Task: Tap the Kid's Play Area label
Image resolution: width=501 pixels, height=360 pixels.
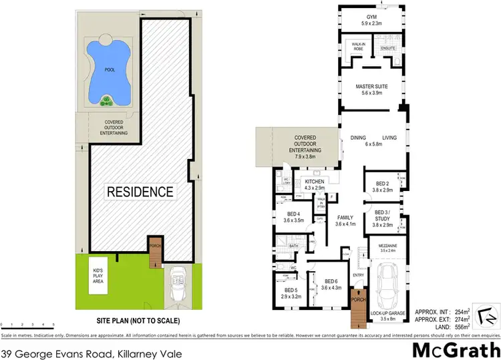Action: coord(102,275)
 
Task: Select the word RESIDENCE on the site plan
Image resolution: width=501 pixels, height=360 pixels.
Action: coord(140,192)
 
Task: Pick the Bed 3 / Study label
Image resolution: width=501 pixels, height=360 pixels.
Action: coord(382,219)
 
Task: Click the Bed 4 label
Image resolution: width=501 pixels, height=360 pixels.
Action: coord(294,216)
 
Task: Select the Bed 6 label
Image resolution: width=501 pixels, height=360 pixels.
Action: coord(331,285)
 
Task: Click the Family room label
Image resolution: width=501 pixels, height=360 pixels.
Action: coord(345,221)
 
